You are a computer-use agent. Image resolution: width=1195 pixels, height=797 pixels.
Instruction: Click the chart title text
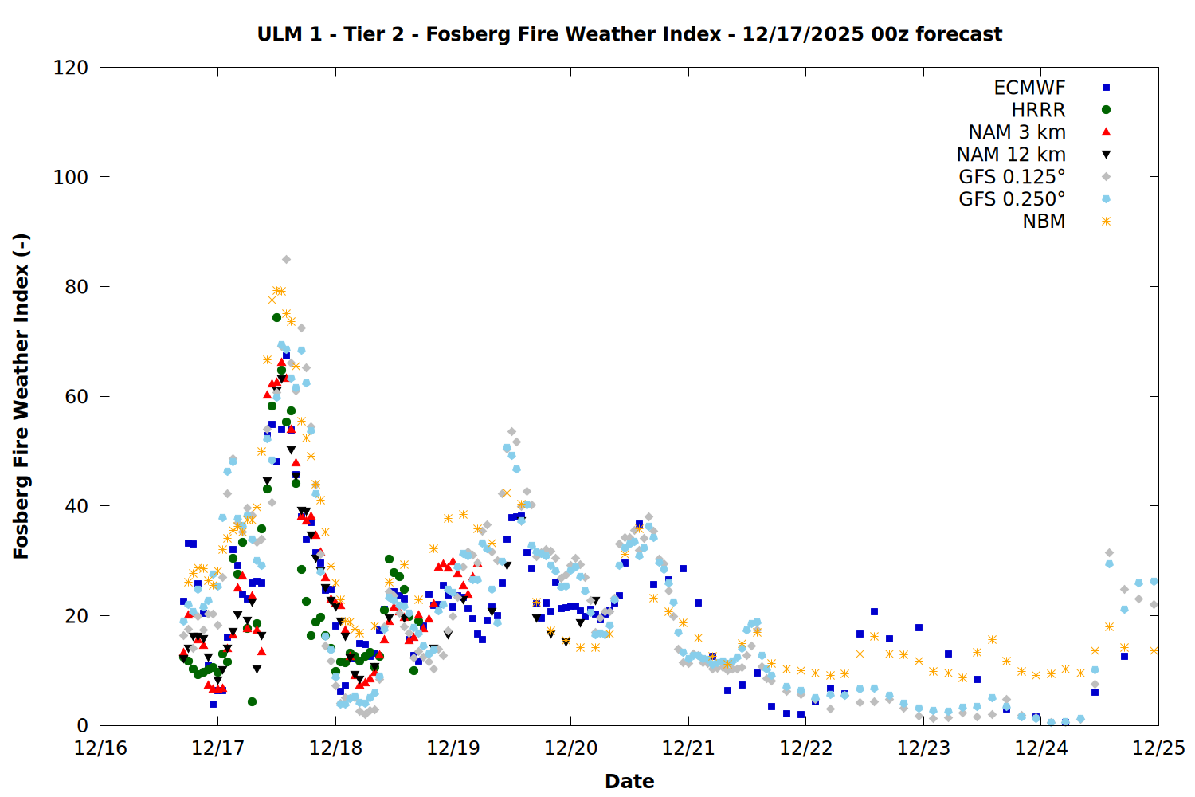629,34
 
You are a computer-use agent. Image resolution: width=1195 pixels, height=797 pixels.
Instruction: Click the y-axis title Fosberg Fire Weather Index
21,396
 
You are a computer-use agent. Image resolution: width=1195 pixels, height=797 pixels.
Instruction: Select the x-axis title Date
629,781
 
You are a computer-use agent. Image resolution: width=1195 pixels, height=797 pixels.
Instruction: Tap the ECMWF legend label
1029,88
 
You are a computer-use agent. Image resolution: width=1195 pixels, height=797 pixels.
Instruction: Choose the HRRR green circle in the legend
1106,110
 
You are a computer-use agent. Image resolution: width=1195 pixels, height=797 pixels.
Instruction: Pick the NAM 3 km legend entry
1017,132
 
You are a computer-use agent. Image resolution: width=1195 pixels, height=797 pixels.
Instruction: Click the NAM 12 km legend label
1011,155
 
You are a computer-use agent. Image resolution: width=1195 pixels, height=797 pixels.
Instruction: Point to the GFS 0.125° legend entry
1012,177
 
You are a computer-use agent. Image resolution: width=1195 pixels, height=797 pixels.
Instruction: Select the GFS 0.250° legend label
1012,199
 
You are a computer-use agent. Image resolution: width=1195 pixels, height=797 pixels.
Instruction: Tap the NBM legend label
1044,222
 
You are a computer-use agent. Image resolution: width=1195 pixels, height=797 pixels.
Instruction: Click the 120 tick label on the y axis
71,68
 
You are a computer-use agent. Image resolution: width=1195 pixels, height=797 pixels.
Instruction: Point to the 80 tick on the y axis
76,287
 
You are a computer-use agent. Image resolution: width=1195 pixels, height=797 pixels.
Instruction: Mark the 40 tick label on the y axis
76,506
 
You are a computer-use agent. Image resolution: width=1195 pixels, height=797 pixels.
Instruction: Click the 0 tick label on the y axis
82,725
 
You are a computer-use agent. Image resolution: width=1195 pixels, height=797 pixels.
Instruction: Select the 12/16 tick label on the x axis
100,748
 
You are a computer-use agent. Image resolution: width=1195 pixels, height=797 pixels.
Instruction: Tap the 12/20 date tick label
570,748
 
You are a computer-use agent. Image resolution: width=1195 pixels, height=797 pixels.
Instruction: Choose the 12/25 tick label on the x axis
1158,748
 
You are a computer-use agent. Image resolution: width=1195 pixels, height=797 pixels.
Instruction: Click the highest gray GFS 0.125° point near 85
286,259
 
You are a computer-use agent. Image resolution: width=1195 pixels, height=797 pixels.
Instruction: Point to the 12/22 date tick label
805,748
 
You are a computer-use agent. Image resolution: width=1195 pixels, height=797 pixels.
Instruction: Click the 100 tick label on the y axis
71,177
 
